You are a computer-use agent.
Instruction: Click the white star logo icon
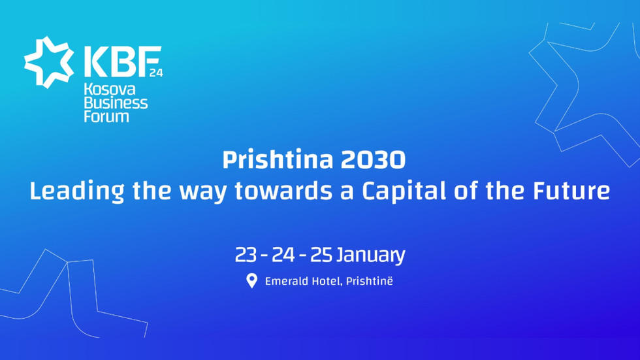(49, 61)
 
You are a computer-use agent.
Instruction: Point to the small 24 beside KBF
(156, 73)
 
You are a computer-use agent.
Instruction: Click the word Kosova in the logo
(109, 90)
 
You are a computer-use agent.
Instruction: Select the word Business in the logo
(116, 103)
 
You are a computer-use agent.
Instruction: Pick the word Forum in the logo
(106, 117)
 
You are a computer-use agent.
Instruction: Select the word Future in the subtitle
(569, 192)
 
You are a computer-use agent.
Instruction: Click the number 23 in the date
(246, 255)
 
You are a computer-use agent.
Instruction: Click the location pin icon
(251, 282)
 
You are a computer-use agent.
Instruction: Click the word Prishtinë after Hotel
(370, 282)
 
